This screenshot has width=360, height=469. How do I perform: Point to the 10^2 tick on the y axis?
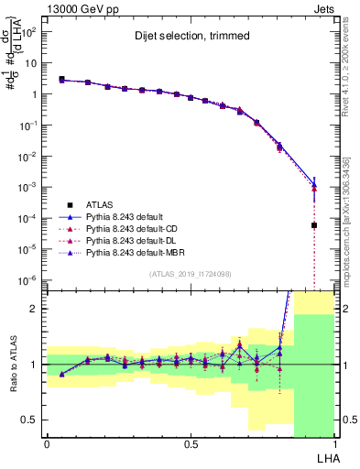click(x=30, y=31)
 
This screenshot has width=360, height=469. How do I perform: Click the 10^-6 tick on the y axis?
click(x=28, y=279)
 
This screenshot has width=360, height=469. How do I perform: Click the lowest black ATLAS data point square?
click(x=314, y=225)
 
